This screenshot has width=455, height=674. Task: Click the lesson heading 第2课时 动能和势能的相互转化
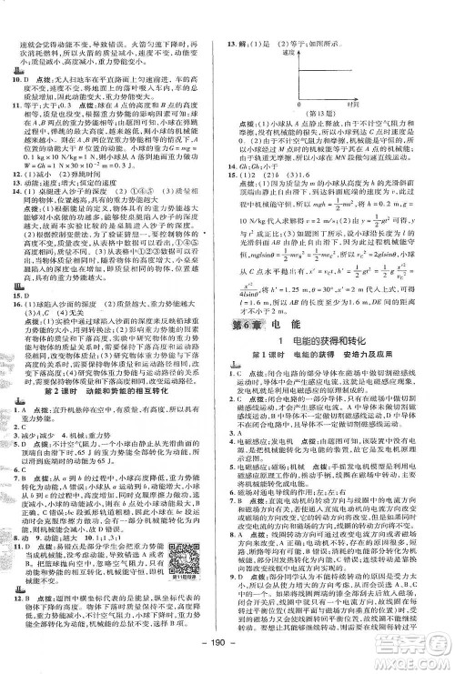(109, 379)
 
